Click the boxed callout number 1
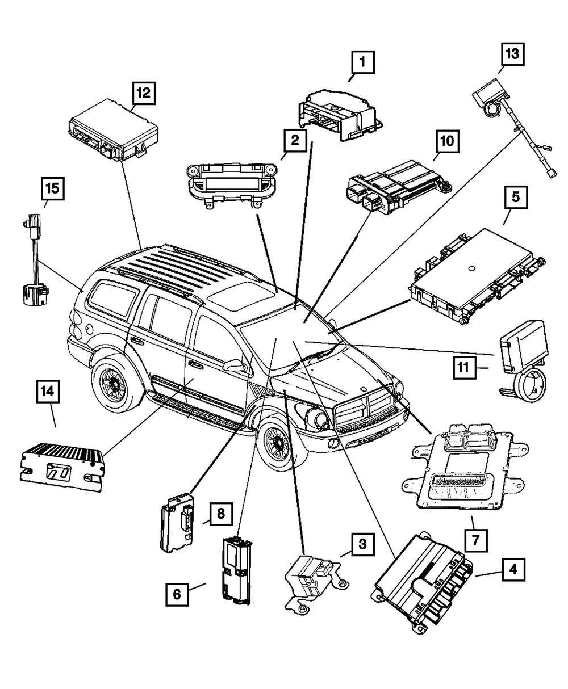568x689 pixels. pos(362,63)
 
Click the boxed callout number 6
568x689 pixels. pos(177,594)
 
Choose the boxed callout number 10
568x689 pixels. pos(447,141)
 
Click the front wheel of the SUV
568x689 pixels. pos(282,448)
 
